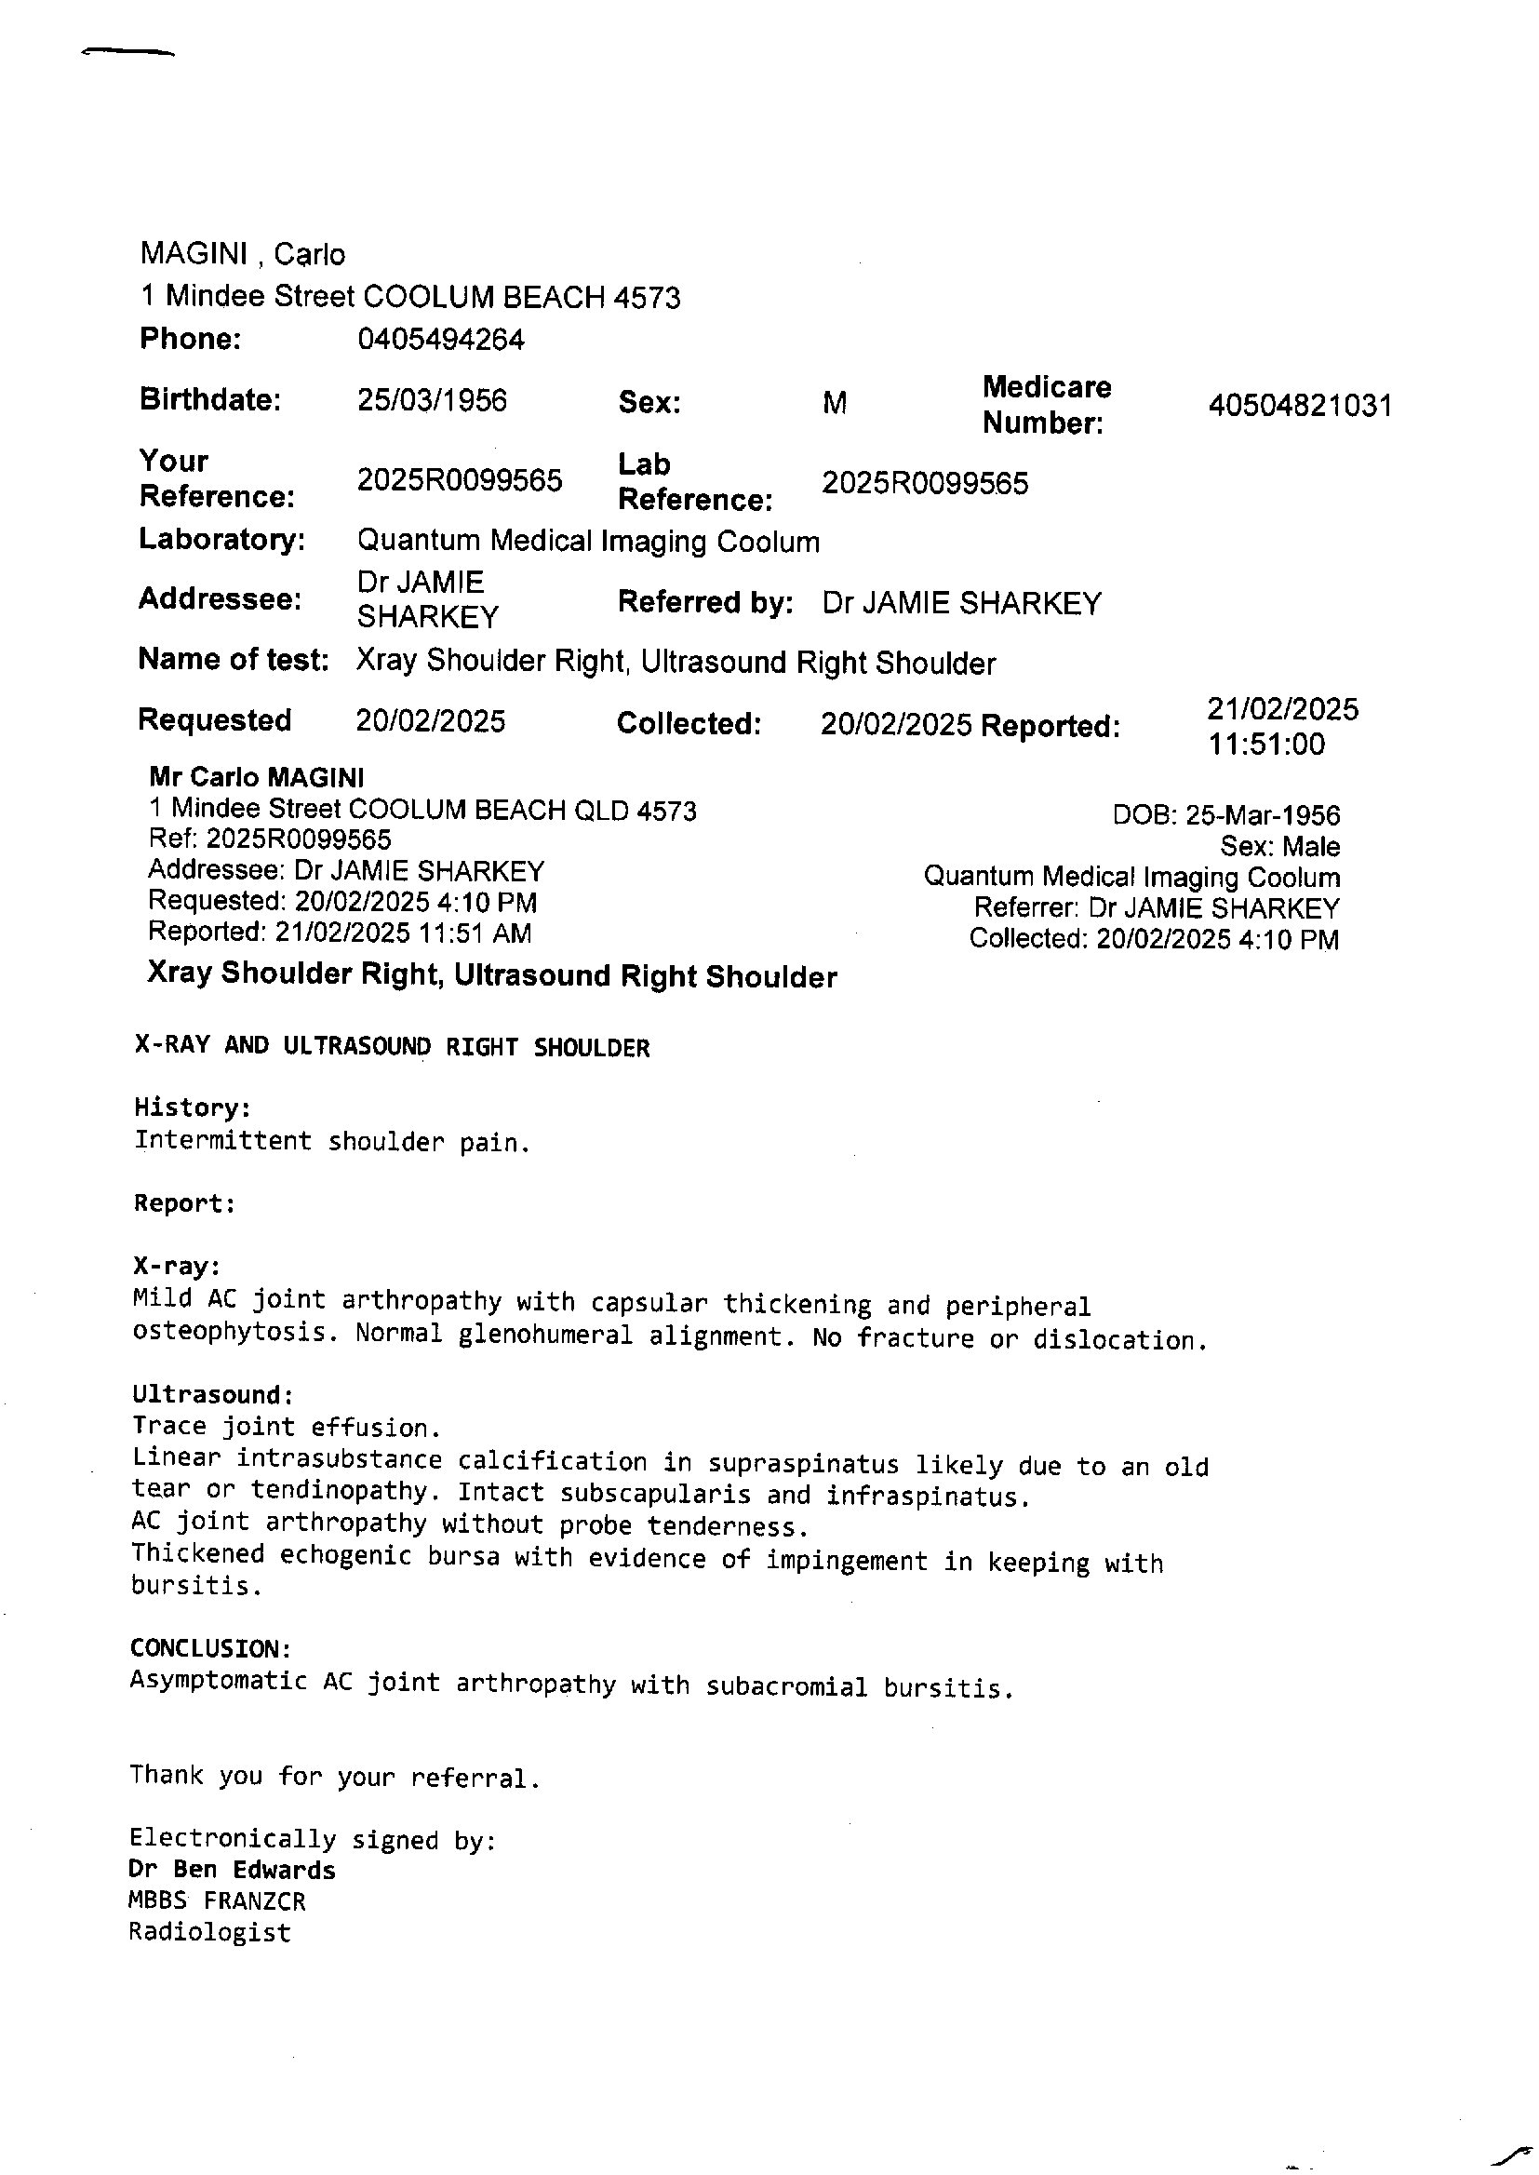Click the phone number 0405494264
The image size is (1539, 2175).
pos(440,340)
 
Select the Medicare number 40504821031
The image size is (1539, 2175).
pos(1299,406)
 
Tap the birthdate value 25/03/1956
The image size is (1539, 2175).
pos(431,400)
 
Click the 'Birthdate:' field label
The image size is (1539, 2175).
pos(209,400)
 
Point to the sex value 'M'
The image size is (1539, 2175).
pos(834,404)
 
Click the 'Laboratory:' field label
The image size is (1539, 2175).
pos(221,539)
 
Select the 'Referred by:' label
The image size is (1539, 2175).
pos(705,603)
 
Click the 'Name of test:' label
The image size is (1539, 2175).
pos(234,660)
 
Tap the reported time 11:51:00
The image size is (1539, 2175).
pos(1265,744)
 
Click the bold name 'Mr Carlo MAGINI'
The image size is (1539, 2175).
pos(256,778)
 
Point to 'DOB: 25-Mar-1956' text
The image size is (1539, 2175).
pos(1225,815)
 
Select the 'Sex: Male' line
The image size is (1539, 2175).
pos(1279,846)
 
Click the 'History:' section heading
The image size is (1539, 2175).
pos(193,1107)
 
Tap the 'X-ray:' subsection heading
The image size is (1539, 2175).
pos(177,1266)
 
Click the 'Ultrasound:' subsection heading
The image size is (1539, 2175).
pos(212,1394)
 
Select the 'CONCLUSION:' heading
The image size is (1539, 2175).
pos(209,1648)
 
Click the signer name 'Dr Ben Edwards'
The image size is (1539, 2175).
pos(233,1870)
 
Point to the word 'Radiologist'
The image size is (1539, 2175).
pos(209,1932)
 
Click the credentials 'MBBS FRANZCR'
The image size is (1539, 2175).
pos(217,1901)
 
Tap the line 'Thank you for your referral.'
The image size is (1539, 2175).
pos(335,1776)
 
